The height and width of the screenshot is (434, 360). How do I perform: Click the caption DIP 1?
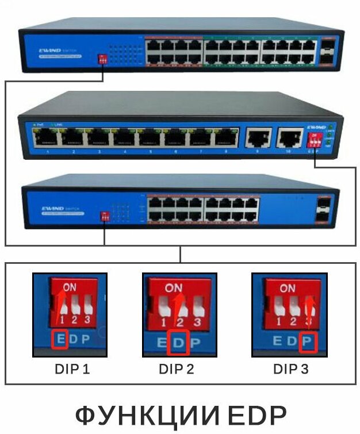pos(72,368)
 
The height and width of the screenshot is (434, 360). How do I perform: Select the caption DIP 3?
pos(290,368)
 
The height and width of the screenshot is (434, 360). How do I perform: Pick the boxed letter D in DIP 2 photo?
pos(179,343)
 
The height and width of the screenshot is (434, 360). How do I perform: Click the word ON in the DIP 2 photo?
pos(174,287)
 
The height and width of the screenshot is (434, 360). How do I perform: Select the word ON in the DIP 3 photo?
pos(288,287)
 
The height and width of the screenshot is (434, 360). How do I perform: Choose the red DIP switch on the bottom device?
pos(105,216)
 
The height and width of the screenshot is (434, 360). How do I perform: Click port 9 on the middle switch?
pos(259,139)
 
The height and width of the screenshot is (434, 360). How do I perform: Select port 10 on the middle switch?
pos(289,139)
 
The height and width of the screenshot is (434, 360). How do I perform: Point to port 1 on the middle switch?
pos(45,139)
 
